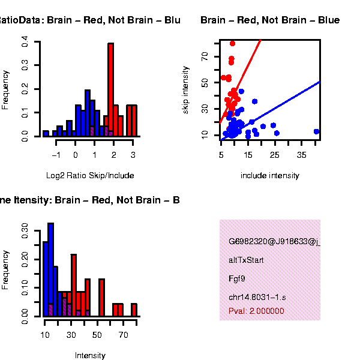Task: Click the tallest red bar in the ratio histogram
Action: click(x=110, y=90)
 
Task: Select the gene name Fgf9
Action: click(x=236, y=278)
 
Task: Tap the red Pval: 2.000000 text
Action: click(x=256, y=311)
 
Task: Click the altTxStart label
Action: click(x=246, y=260)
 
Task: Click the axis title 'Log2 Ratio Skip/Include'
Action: click(x=90, y=176)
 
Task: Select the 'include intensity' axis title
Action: click(x=269, y=176)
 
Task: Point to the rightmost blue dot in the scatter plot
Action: click(x=316, y=131)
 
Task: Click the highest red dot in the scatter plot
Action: click(x=232, y=44)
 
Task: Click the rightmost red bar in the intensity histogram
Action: click(x=134, y=310)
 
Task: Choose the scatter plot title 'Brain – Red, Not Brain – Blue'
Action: click(x=270, y=20)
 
